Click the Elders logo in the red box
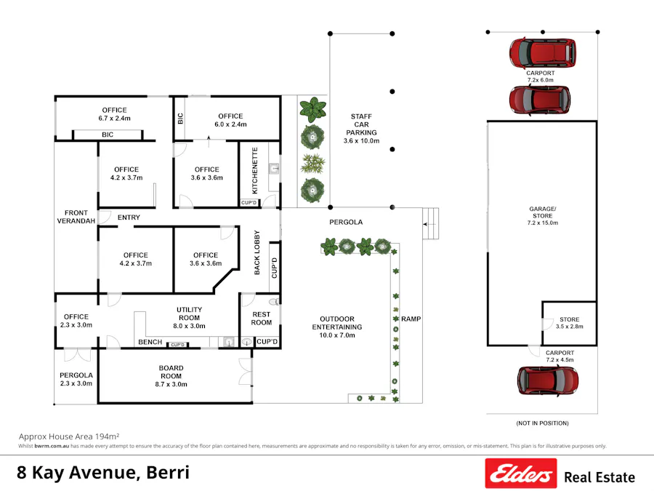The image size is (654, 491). click(x=521, y=474)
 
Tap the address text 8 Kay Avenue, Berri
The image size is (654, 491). click(x=103, y=473)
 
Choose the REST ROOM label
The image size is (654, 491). click(x=261, y=319)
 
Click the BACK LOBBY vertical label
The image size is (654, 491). click(x=257, y=253)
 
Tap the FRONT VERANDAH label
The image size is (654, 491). click(x=76, y=217)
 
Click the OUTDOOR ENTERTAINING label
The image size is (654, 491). click(x=337, y=323)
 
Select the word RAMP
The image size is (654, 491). click(x=411, y=319)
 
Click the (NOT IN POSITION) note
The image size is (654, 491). click(x=542, y=423)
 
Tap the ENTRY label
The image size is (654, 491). click(x=128, y=217)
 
